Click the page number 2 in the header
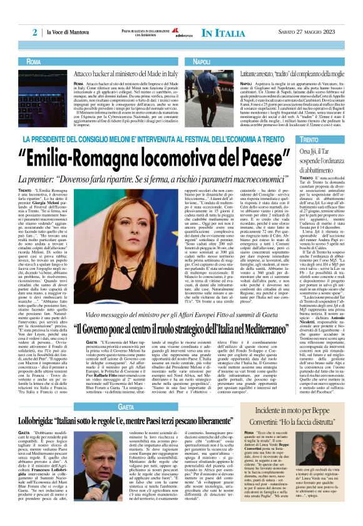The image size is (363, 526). tap(35, 32)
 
